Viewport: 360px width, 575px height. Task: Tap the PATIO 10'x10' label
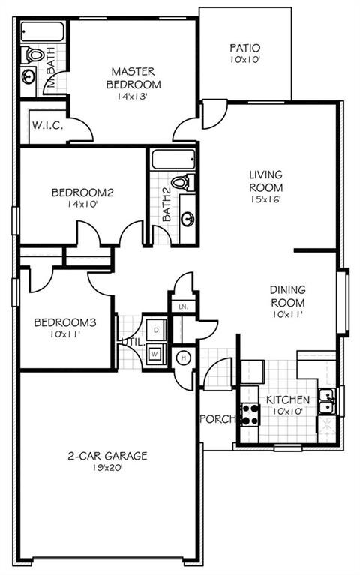(x=244, y=48)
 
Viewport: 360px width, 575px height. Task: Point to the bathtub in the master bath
(x=42, y=32)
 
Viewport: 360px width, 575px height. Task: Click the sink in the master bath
(x=29, y=76)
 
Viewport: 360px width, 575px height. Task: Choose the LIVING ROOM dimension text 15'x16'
(x=265, y=199)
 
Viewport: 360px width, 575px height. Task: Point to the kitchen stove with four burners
(x=250, y=413)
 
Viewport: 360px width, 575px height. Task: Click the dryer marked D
(x=156, y=330)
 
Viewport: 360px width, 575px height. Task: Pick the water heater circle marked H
(x=182, y=358)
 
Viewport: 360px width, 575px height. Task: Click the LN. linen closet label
(x=182, y=306)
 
